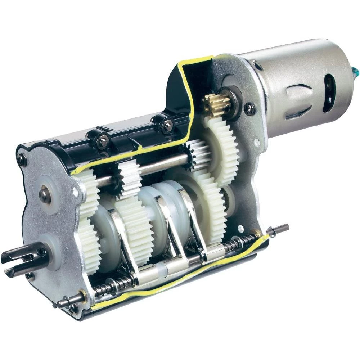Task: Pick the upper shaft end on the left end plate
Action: (45, 195)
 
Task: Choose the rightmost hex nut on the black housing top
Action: (167, 126)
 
